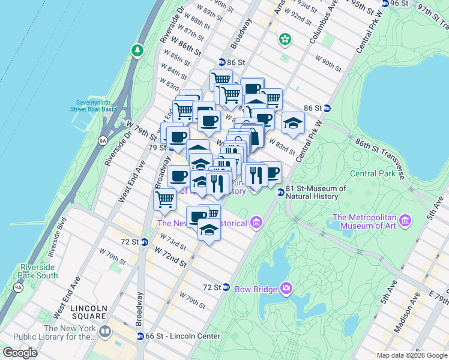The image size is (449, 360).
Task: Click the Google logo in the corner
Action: coord(20,353)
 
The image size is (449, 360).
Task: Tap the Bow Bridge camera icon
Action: coord(286,289)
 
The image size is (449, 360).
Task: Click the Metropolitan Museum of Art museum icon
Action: coord(405,221)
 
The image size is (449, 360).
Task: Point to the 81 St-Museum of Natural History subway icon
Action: coord(280,192)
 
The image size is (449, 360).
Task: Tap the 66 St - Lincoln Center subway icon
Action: coord(140,336)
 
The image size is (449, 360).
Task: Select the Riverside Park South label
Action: coord(39,271)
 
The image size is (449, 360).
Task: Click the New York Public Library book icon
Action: coord(106,331)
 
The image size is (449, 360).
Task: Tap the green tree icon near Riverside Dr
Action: coord(138,50)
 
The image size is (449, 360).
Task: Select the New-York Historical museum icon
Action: coord(256,223)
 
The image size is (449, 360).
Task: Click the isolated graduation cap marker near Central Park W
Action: coord(292,123)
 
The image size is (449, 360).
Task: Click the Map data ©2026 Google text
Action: coord(412,355)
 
